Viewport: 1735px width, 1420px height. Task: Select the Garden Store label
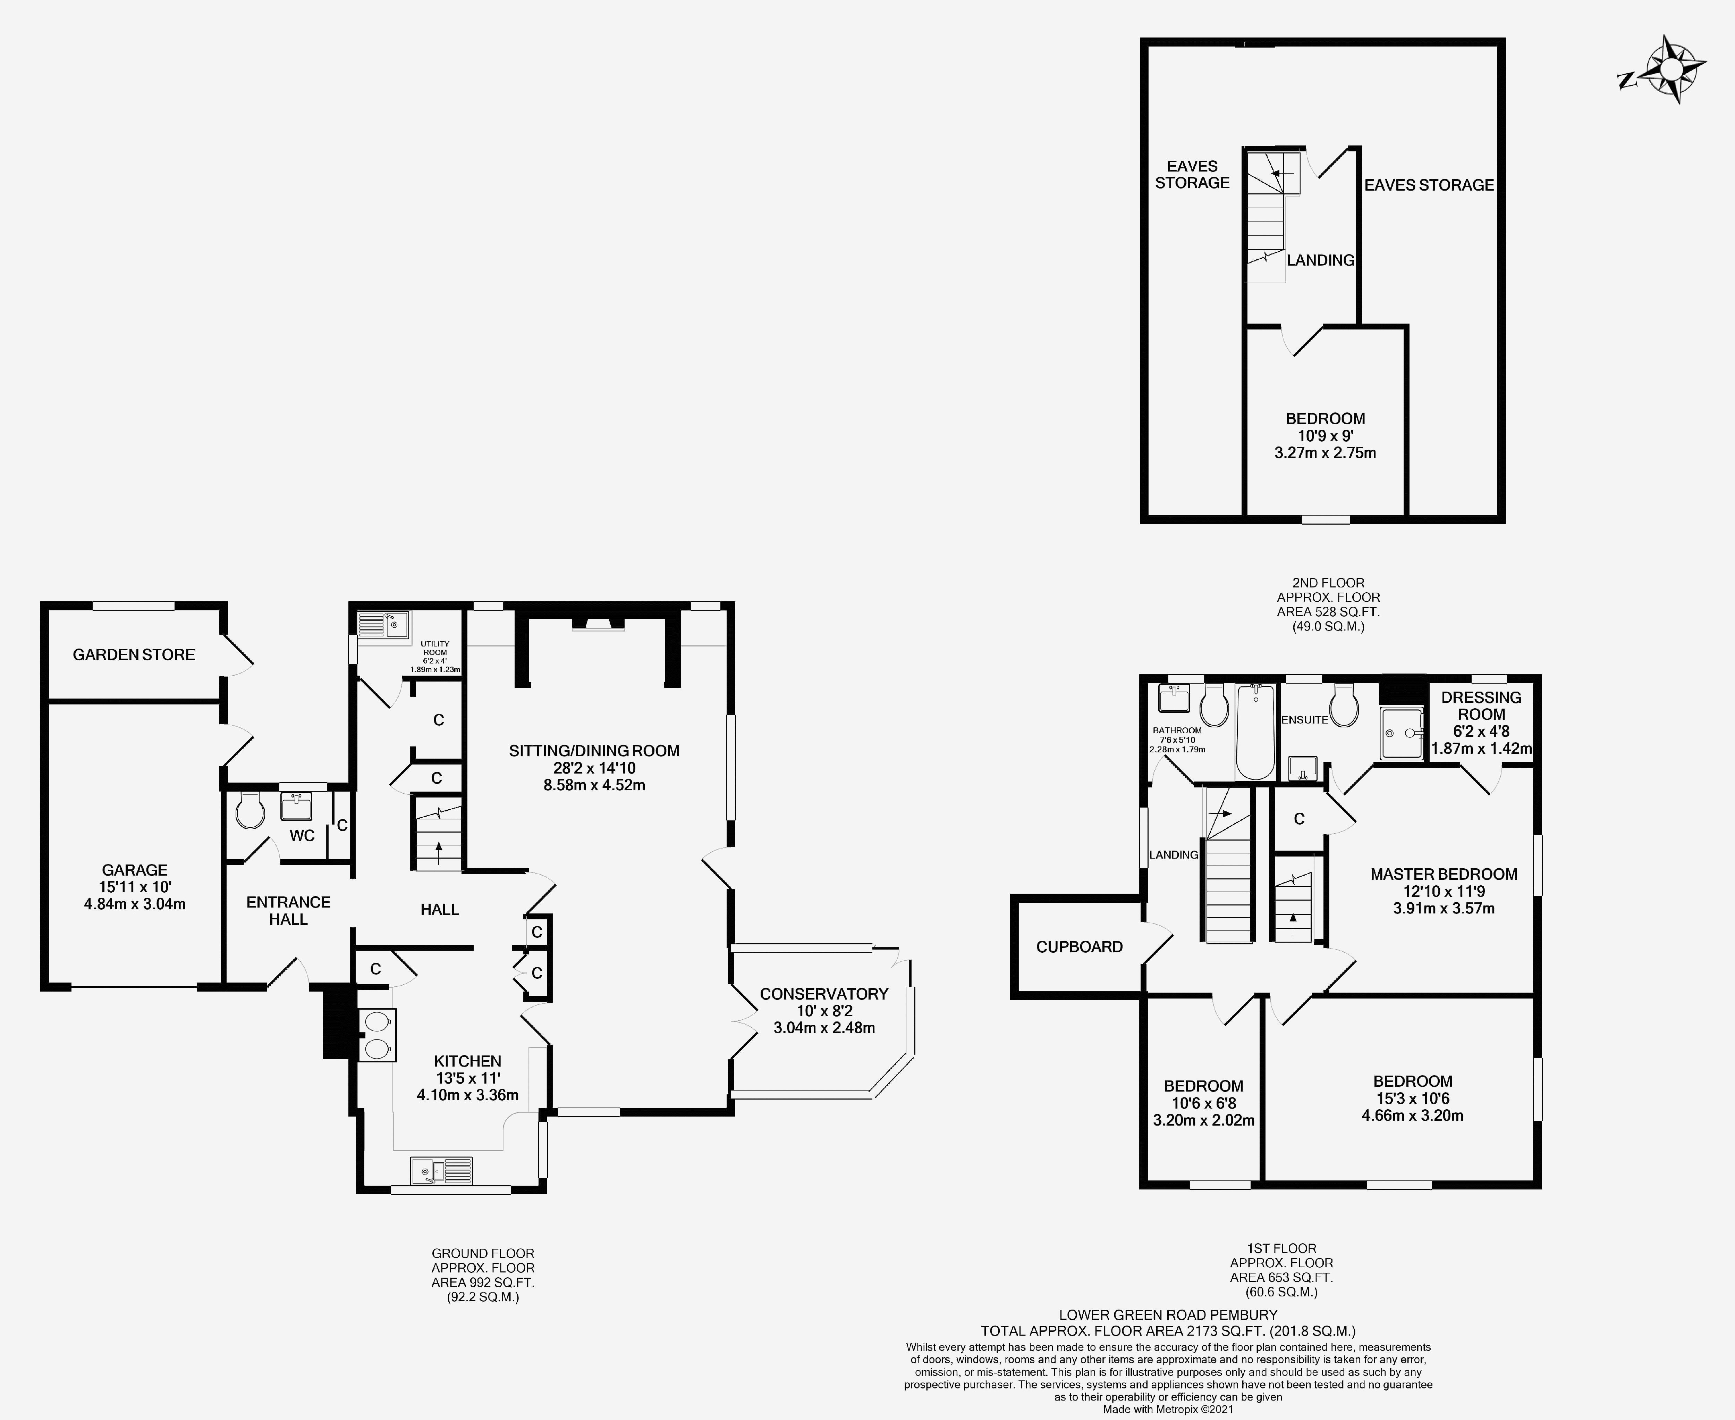(x=134, y=654)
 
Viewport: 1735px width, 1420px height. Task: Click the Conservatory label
(x=823, y=994)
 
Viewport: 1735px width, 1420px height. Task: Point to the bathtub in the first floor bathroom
(x=1255, y=732)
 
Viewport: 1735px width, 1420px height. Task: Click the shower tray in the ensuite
(x=1402, y=734)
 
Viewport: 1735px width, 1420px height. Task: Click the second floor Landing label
(x=1320, y=260)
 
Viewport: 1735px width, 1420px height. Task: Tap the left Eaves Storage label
(x=1192, y=174)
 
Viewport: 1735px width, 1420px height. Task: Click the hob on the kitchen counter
(x=377, y=1035)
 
